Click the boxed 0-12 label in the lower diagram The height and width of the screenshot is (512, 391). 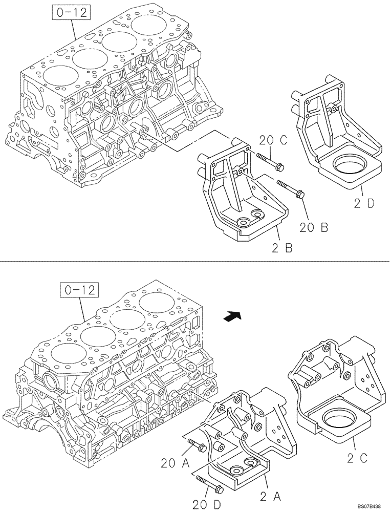click(80, 290)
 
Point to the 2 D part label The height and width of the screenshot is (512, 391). click(363, 203)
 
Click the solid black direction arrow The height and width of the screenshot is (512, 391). click(232, 317)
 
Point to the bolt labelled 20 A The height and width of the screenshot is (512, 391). click(197, 445)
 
